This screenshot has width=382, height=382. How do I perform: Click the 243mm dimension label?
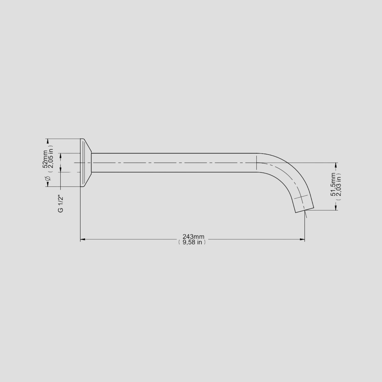pyautogui.click(x=193, y=237)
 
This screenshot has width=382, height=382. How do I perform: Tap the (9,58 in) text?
pyautogui.click(x=192, y=242)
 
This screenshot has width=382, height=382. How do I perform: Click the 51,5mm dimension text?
pyautogui.click(x=333, y=184)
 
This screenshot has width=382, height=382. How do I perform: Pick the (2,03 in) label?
pyautogui.click(x=339, y=187)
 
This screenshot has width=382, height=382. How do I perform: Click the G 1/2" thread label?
pyautogui.click(x=61, y=204)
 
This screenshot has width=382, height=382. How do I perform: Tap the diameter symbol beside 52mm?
pyautogui.click(x=48, y=178)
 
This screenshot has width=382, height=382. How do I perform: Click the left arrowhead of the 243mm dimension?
pyautogui.click(x=83, y=239)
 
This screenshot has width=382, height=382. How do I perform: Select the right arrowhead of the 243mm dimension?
pyautogui.click(x=302, y=239)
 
